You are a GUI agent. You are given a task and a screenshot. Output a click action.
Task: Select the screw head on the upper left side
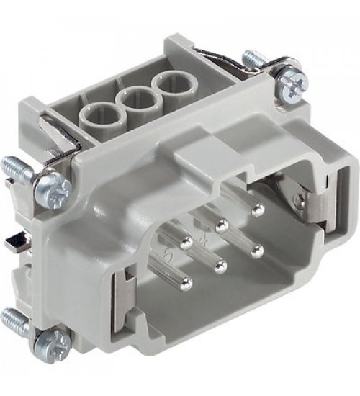point(56,189)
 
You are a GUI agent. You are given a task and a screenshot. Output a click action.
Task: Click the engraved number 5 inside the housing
point(170,254)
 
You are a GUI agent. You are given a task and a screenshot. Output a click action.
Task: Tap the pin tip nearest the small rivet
point(258,210)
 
